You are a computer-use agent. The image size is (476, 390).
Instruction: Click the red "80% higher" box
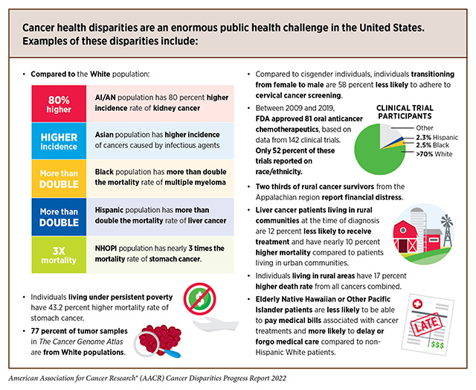[59, 104]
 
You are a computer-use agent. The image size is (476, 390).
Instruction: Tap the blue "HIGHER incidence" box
[59, 141]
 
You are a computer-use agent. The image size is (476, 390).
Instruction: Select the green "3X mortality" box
[59, 255]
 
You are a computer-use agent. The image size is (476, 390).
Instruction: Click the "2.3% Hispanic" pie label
[437, 137]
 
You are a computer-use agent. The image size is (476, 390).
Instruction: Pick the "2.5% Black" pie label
[432, 145]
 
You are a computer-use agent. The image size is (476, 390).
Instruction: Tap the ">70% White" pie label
[434, 154]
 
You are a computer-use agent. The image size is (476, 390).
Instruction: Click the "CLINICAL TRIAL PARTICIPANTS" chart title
[405, 112]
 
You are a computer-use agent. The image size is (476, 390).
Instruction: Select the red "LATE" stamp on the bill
[425, 325]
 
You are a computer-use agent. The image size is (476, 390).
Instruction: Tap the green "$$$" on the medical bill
[437, 345]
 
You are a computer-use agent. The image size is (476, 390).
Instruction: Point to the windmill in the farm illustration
[447, 230]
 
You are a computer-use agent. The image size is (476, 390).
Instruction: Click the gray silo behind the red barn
[418, 225]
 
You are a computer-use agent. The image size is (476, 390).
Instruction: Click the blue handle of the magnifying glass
[170, 353]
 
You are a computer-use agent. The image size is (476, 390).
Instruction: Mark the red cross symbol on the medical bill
[417, 304]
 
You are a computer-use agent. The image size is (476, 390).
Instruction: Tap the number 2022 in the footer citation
[279, 378]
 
